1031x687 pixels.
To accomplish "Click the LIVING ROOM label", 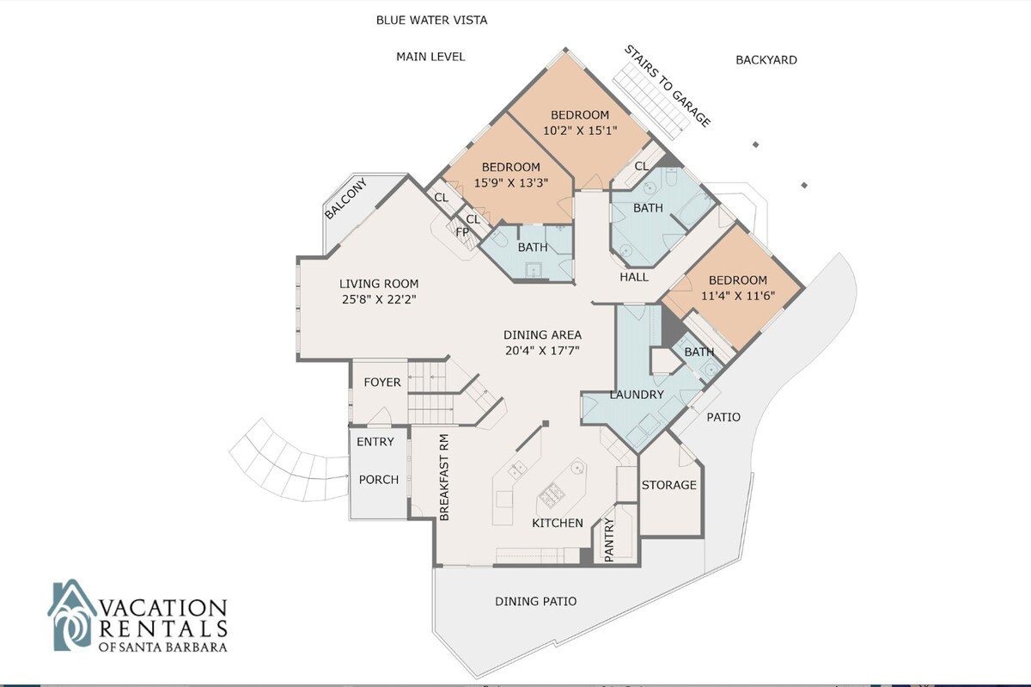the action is coord(379,284).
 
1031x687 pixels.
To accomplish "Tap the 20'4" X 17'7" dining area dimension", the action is coord(542,351).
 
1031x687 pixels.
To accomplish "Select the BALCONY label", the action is coord(345,199).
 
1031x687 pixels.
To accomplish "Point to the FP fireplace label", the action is coord(462,232).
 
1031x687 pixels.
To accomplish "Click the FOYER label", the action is coord(382,382).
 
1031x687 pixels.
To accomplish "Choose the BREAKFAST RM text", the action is coord(444,477).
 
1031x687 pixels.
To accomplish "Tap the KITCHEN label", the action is coord(558,523).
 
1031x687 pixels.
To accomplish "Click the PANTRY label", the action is coord(609,540).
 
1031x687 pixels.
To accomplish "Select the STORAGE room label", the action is coord(668,485).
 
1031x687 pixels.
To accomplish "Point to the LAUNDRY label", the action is coord(637,395).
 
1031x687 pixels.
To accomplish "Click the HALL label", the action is coord(634,277).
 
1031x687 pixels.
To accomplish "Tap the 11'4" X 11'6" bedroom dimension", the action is coord(738,296).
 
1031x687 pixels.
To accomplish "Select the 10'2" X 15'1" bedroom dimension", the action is coord(580,131).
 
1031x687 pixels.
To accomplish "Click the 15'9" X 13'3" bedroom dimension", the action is coord(511,183).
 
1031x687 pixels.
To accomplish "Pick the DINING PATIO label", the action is coord(536,601).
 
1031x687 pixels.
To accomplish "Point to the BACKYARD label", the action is coord(766,60).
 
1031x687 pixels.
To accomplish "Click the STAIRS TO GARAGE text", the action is coord(668,86).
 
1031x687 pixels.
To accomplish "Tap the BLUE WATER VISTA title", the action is coord(431,21).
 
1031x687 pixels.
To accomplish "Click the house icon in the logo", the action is coord(72,615).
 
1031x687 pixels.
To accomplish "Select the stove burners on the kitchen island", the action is coord(552,494).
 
